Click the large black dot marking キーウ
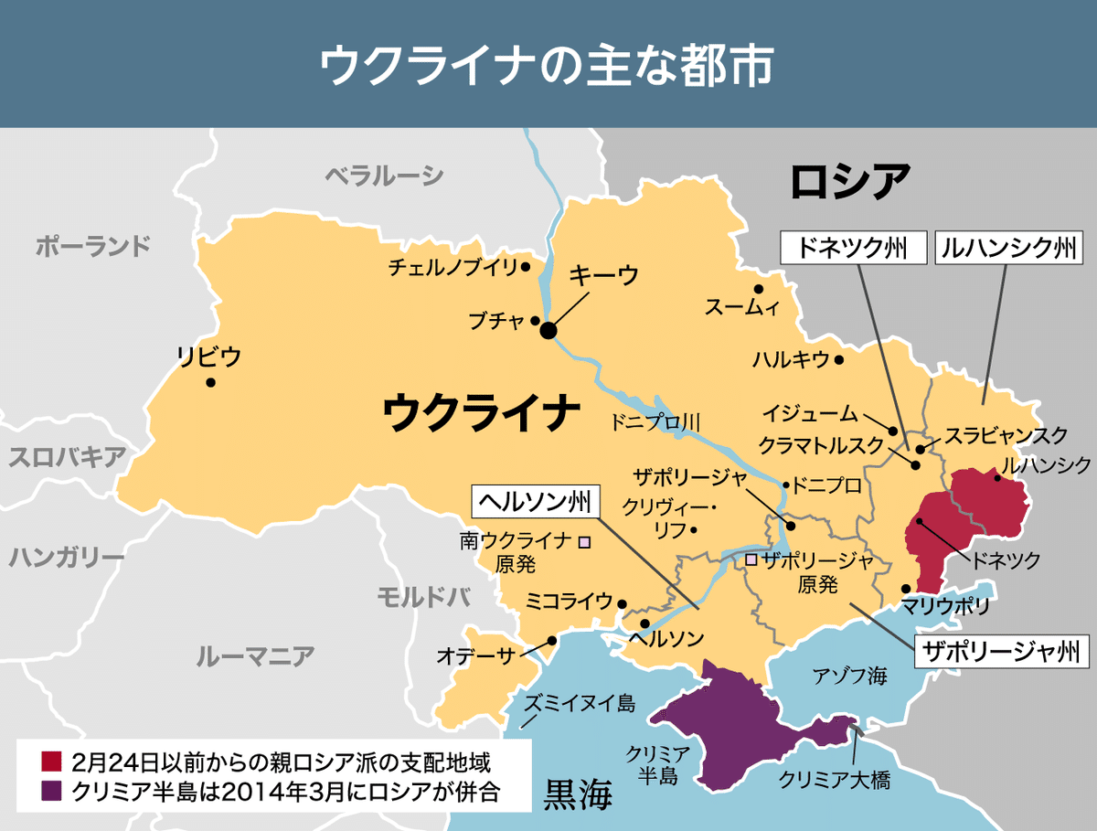[x=548, y=331]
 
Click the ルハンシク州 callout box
[x=1008, y=248]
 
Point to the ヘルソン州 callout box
[x=536, y=501]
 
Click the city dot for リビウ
[x=211, y=383]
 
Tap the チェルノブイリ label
[x=453, y=267]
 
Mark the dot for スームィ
[x=759, y=289]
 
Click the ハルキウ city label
[x=791, y=359]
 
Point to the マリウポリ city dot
[x=906, y=589]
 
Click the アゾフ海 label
[x=850, y=677]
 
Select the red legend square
[x=51, y=761]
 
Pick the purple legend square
[x=51, y=790]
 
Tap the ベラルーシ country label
[x=384, y=176]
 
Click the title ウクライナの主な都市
[x=547, y=66]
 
